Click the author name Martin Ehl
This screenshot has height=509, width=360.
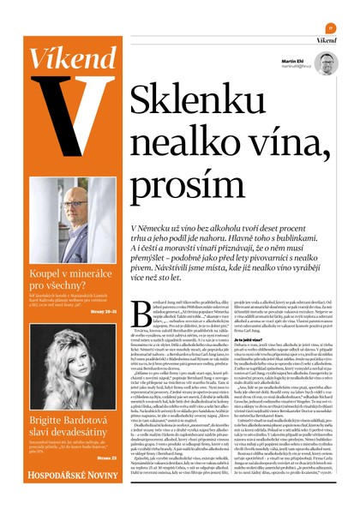click(x=294, y=62)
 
